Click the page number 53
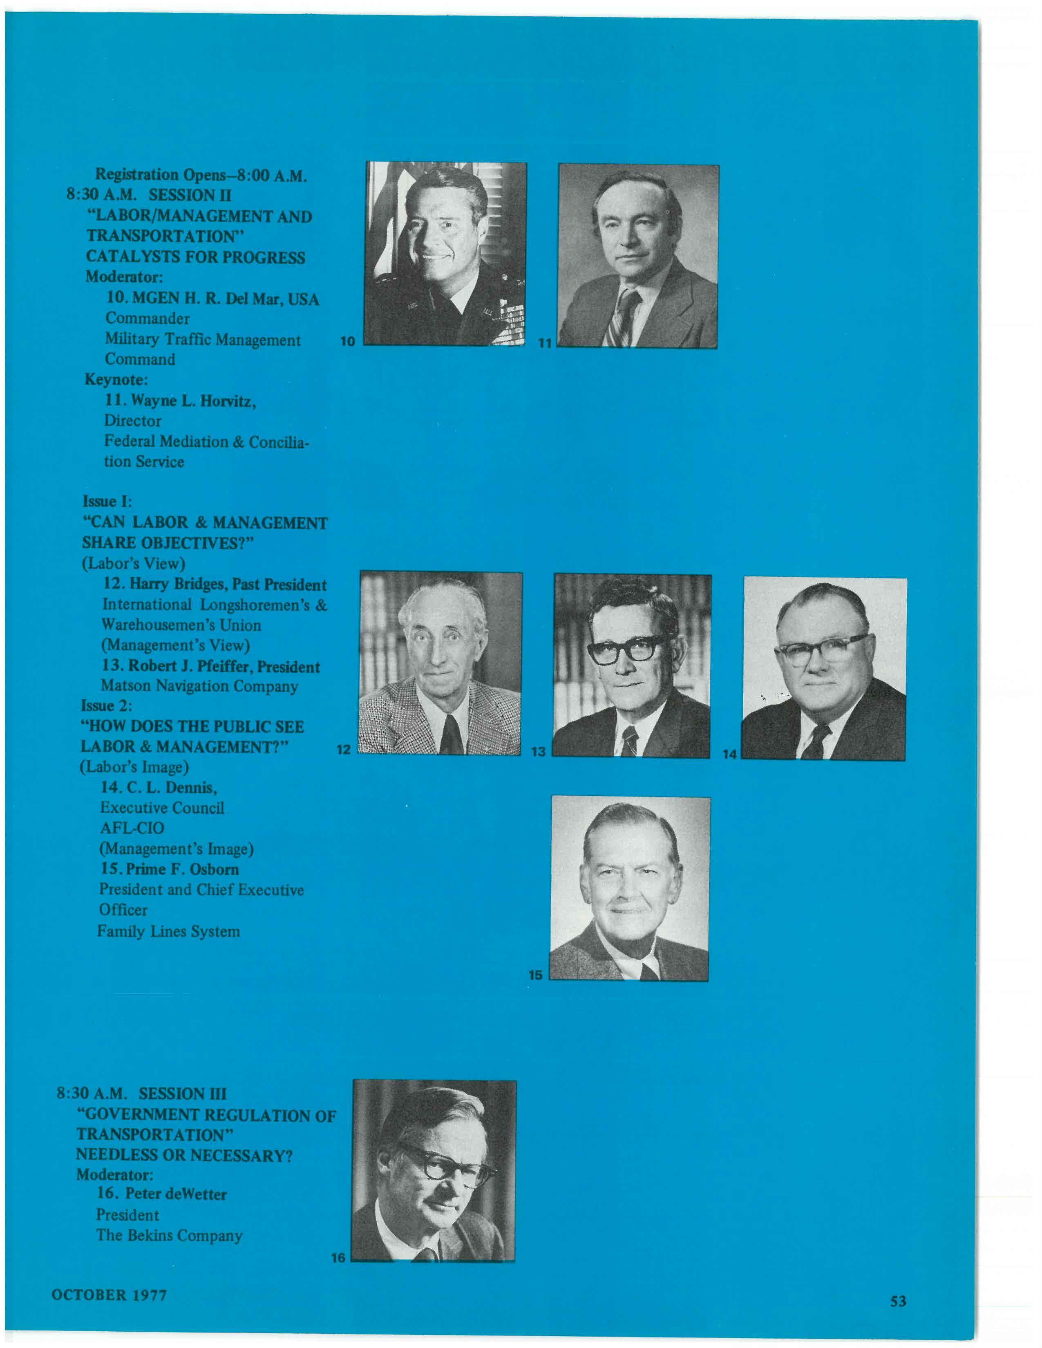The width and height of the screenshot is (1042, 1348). [x=898, y=1301]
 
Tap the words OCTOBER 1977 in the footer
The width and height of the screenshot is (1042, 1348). [x=109, y=1295]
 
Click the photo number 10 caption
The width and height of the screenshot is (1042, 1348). [x=348, y=341]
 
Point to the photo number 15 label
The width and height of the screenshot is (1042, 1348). [x=535, y=975]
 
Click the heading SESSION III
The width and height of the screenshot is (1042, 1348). [x=182, y=1094]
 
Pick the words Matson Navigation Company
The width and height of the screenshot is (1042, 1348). [x=199, y=686]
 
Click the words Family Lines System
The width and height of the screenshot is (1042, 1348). [x=168, y=931]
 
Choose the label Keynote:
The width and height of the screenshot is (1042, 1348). [x=116, y=379]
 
